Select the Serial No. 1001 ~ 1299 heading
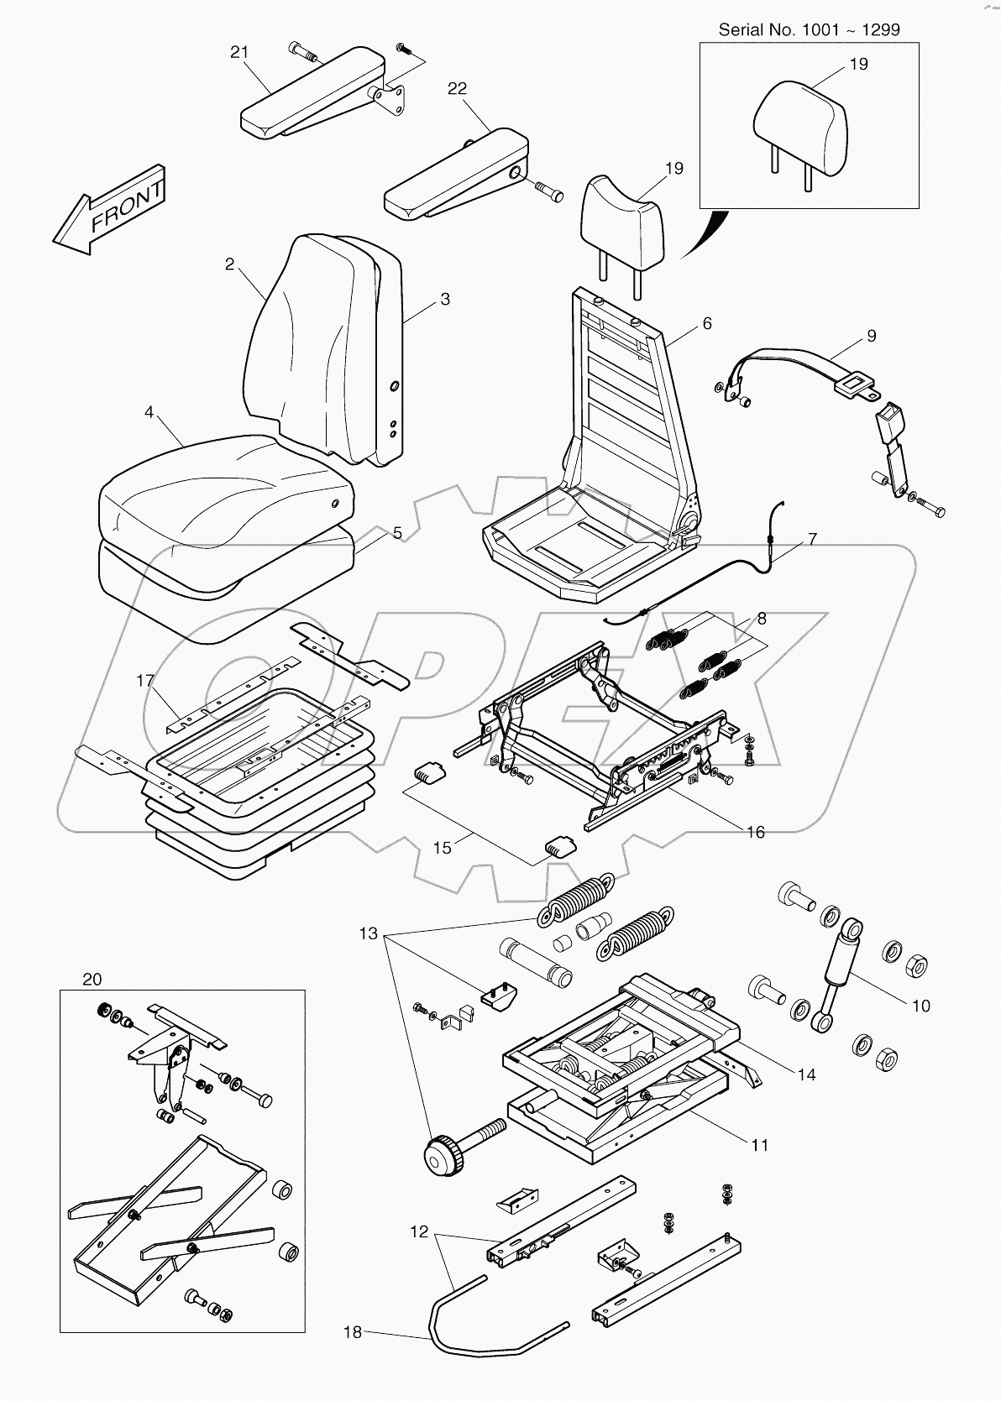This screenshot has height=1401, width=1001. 809,29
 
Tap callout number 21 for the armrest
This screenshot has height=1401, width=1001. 239,52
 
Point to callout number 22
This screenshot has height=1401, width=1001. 458,88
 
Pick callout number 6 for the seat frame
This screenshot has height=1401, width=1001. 707,323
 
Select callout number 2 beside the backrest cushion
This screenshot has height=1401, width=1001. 229,264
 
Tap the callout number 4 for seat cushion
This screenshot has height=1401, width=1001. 149,412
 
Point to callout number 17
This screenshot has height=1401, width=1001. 145,681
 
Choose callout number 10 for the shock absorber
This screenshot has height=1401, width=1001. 921,1006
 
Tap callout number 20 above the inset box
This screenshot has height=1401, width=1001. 92,980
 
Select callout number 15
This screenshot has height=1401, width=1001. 442,848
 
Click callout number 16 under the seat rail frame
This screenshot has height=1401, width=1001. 756,832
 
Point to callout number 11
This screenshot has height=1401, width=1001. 759,1145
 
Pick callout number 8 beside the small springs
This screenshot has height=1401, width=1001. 762,619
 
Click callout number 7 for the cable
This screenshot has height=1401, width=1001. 812,539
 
